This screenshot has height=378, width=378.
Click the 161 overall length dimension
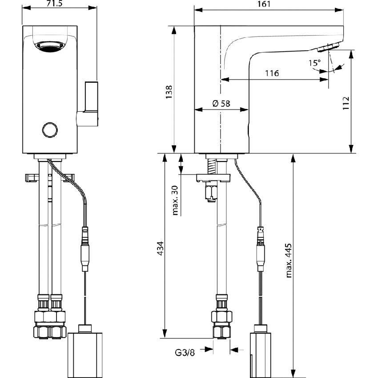[269, 4]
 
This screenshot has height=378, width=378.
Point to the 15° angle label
[315, 63]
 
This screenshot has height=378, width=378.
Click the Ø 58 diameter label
[221, 103]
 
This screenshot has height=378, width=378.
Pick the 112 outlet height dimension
[348, 103]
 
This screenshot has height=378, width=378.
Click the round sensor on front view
[49, 129]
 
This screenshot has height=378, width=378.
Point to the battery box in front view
[85, 351]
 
